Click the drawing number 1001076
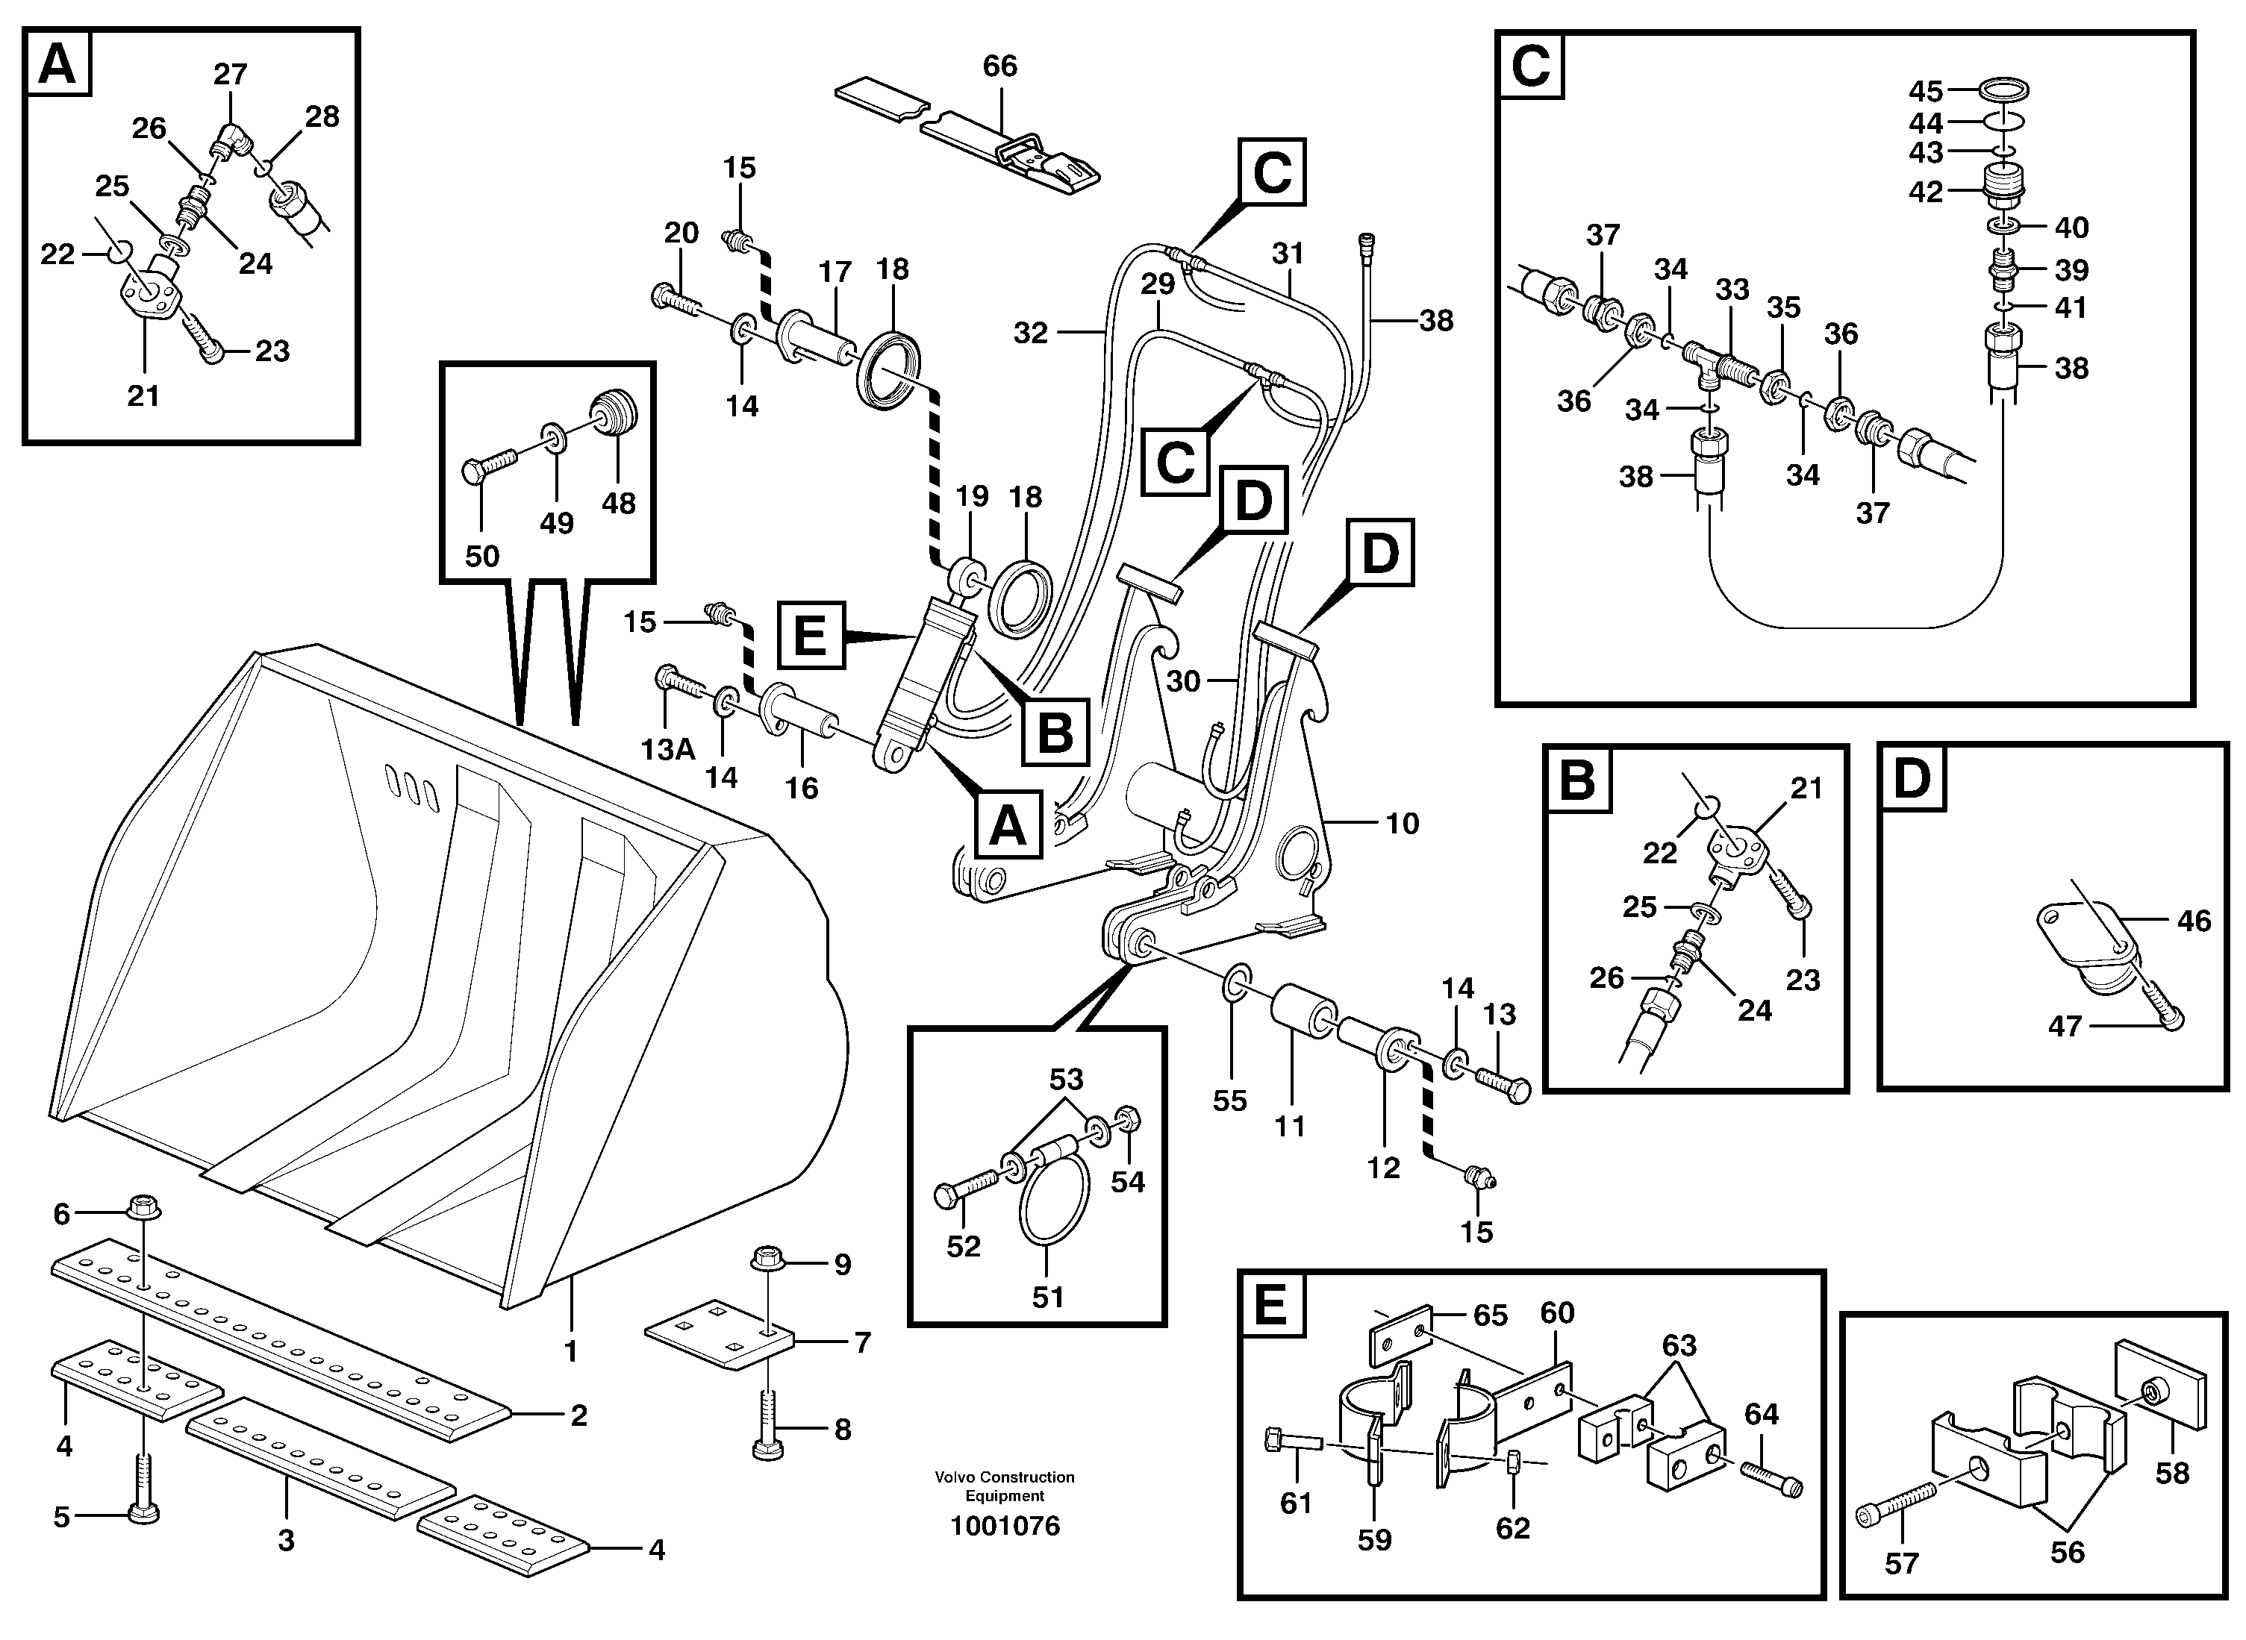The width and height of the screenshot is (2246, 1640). tap(1005, 1526)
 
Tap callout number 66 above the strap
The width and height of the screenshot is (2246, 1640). tap(1000, 66)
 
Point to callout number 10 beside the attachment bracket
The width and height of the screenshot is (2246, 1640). tap(1402, 823)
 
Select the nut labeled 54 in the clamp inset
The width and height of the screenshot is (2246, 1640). tap(1128, 1118)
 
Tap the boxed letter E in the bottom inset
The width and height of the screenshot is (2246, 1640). tap(1271, 1306)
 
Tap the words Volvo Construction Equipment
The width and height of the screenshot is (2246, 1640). tap(1005, 1486)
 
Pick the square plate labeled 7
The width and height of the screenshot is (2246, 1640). tap(719, 1333)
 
